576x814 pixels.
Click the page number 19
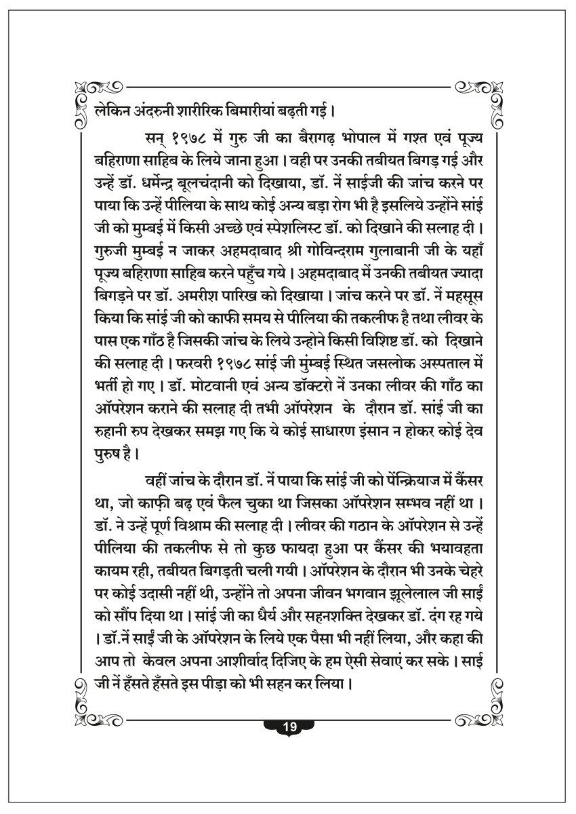pos(288,727)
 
